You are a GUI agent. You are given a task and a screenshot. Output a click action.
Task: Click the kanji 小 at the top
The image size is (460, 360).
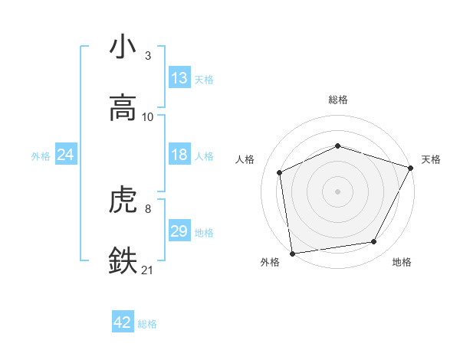click(x=123, y=47)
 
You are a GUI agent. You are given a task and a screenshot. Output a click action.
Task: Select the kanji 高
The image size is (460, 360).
click(x=123, y=106)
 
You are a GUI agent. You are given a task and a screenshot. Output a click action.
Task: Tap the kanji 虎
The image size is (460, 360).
click(x=123, y=201)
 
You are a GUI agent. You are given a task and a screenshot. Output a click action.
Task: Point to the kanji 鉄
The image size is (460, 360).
click(x=123, y=260)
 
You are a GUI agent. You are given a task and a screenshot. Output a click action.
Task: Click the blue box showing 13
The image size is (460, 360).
click(x=179, y=78)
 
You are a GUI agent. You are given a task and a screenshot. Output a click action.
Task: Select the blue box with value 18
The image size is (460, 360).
click(x=179, y=155)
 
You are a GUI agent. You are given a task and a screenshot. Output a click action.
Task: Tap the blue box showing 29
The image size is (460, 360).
click(x=179, y=231)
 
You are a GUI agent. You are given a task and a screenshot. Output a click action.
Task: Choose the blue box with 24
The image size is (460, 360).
click(x=66, y=155)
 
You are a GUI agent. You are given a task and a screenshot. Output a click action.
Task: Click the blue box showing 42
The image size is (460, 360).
click(x=123, y=322)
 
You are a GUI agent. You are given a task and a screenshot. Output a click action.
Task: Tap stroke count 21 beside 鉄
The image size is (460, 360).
click(x=148, y=269)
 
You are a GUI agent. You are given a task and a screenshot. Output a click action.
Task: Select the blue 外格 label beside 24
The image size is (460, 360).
click(x=41, y=156)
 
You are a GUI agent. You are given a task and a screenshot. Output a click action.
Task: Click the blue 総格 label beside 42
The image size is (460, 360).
click(x=147, y=324)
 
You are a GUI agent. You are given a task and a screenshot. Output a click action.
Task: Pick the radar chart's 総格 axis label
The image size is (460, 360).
click(x=337, y=100)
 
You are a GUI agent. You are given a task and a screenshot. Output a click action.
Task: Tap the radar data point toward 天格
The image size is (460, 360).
click(x=412, y=168)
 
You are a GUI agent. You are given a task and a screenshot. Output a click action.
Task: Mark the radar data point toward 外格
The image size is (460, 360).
click(x=292, y=253)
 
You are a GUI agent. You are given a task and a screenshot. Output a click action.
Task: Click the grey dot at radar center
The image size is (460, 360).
click(x=337, y=191)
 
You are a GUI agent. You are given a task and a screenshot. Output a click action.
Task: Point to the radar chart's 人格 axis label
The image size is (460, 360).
click(x=245, y=159)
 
